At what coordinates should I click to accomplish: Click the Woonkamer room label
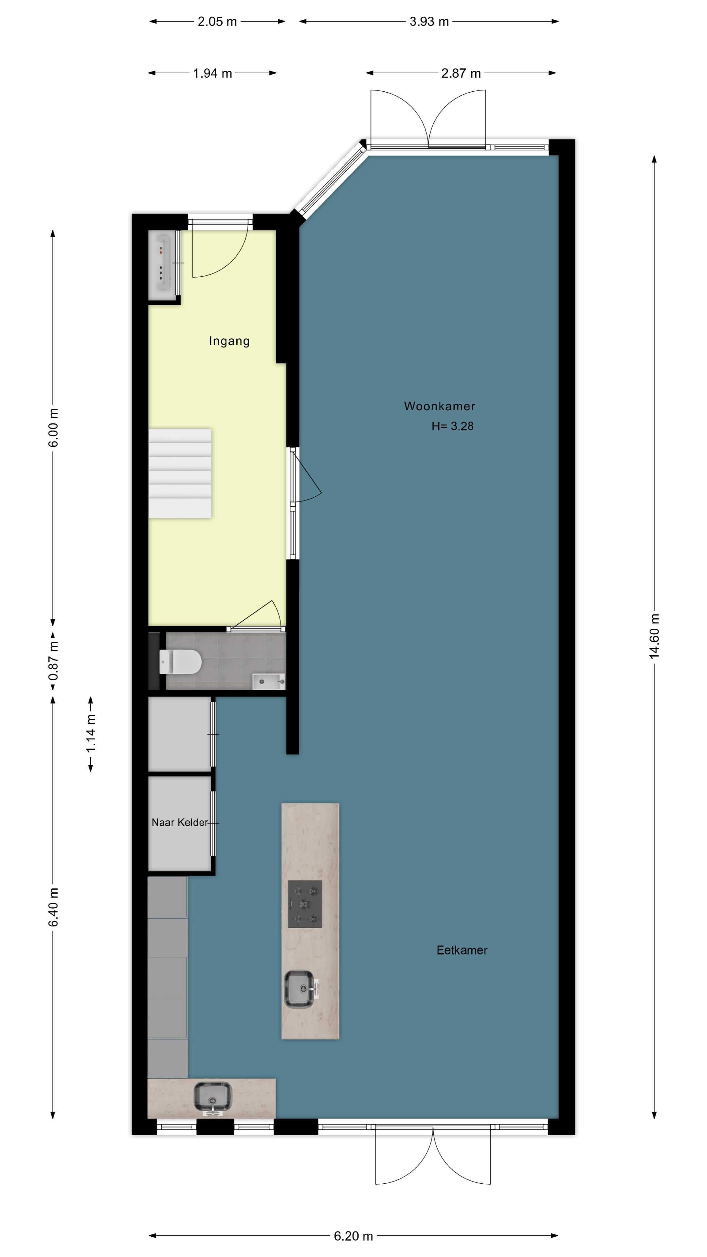(439, 406)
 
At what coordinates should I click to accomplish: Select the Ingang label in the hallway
(229, 341)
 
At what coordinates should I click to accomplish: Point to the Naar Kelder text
(180, 822)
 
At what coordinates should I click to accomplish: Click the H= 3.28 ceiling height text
(452, 426)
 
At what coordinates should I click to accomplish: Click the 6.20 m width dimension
(353, 1235)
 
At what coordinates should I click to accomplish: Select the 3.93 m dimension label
(429, 22)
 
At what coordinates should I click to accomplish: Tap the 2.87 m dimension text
(461, 73)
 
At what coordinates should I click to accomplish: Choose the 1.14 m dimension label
(91, 733)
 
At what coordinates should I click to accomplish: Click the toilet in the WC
(181, 662)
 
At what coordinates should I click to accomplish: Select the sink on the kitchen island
(299, 989)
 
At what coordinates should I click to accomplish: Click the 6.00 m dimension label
(53, 428)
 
